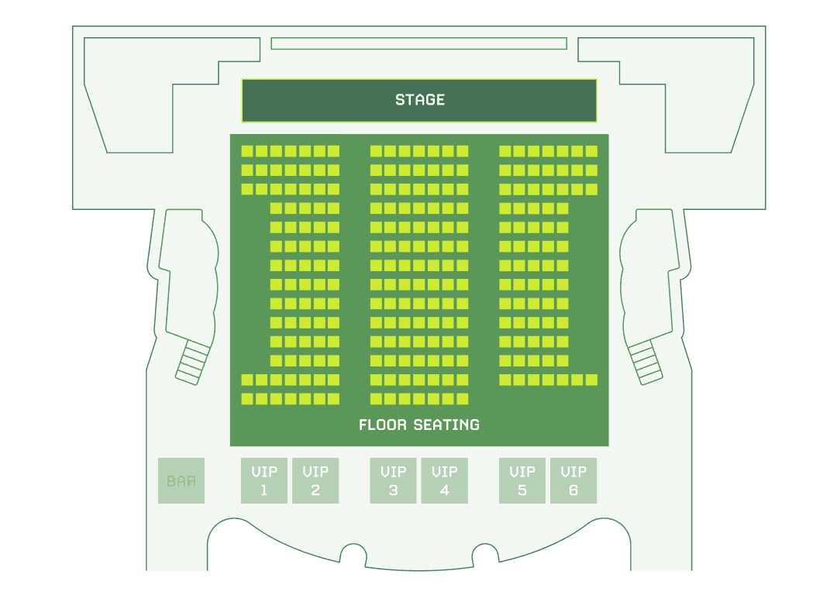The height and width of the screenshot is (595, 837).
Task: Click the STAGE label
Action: coord(419,100)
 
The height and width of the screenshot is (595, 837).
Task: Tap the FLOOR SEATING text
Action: coord(419,425)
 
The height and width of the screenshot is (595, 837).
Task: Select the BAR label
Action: coord(181,481)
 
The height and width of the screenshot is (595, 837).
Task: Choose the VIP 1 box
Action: coord(264,480)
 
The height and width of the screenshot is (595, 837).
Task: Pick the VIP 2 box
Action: coord(315,480)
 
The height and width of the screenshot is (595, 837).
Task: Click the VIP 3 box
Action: coord(394,480)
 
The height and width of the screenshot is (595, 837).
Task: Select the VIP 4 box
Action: coord(444,480)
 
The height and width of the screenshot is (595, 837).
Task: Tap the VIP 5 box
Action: coord(522,480)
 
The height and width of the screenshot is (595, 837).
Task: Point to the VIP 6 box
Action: coord(573,480)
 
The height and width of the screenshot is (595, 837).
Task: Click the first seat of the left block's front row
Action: coord(247,151)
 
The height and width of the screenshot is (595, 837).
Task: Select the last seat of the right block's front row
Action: coord(591,151)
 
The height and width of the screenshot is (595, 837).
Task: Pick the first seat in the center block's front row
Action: coord(377,151)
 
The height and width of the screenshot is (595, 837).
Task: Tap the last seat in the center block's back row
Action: coord(462,399)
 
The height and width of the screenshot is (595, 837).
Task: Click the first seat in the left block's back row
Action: coord(247,399)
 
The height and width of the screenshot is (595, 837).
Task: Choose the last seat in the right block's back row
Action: coord(591,380)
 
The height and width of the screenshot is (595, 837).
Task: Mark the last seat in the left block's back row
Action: coord(333,399)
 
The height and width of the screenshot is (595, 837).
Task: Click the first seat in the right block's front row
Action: coord(505,151)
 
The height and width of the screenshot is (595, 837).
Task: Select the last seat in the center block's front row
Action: coord(462,151)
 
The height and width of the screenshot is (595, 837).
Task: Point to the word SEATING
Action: coord(446,425)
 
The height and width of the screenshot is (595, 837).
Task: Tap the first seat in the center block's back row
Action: coord(377,399)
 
